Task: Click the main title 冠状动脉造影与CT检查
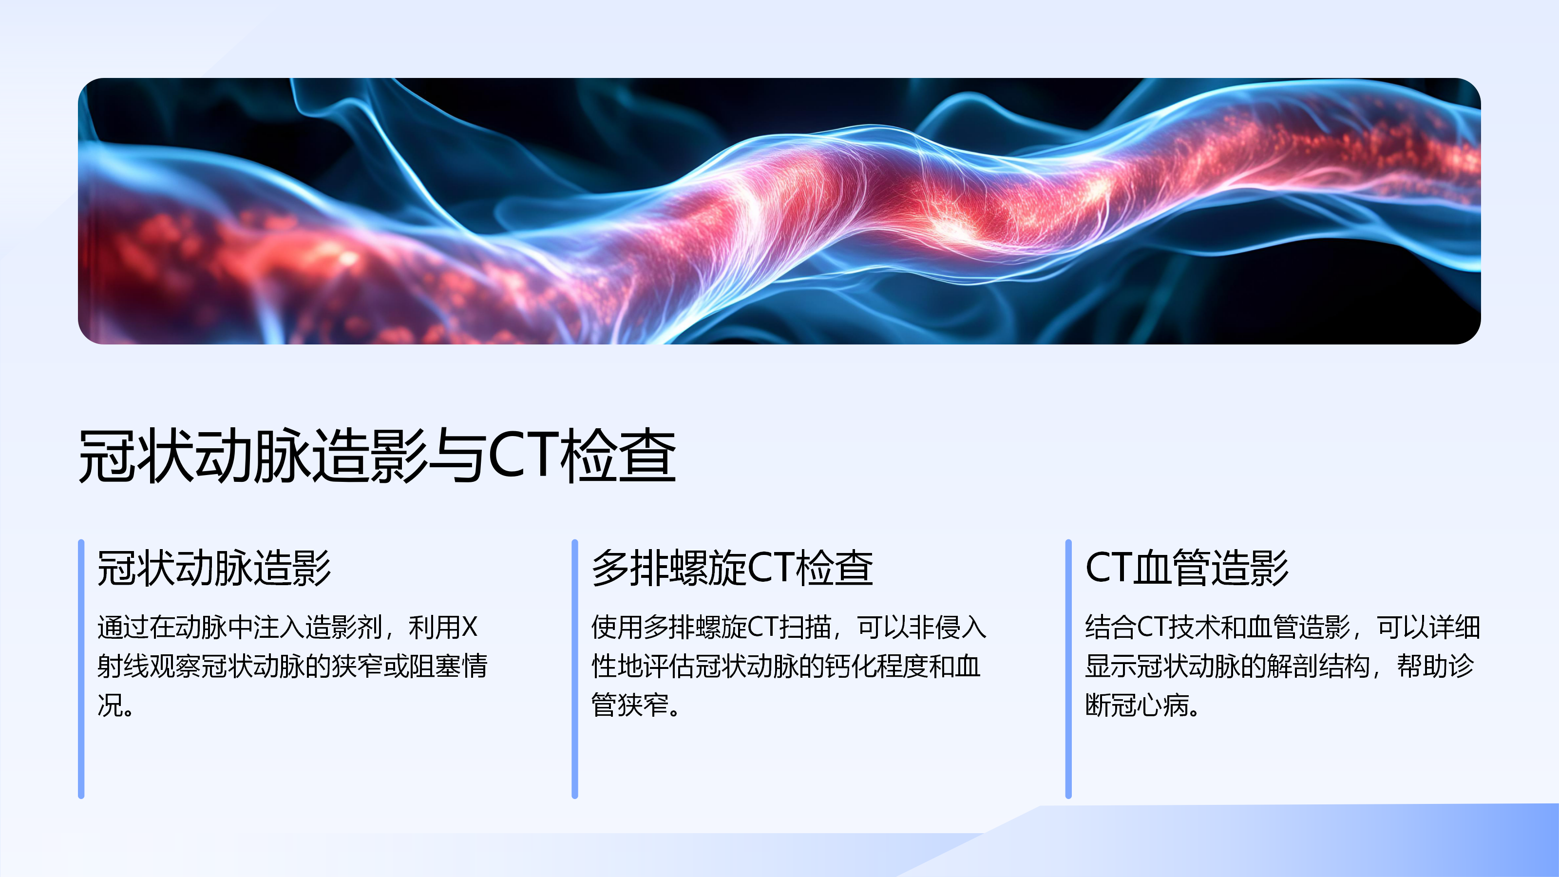pos(377,456)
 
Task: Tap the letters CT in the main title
pos(523,455)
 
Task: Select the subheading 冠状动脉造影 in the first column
pos(214,568)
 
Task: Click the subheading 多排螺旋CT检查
pos(732,568)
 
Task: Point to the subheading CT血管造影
pos(1187,568)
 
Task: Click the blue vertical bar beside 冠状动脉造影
pos(81,669)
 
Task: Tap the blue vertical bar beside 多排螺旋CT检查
pos(575,669)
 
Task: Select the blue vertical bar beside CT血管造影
pos(1069,669)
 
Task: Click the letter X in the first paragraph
pos(470,627)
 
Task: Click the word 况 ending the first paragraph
pos(110,705)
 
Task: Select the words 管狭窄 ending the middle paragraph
pos(630,705)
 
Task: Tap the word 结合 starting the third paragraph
pos(1111,627)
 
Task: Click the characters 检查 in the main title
pos(618,456)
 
